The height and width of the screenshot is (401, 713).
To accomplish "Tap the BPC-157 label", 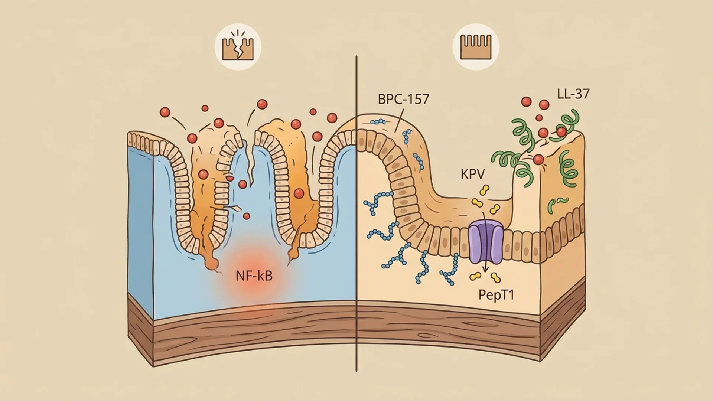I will [403, 99].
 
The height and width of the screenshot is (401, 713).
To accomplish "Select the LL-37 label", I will [573, 94].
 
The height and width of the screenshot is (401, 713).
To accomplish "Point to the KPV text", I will [473, 174].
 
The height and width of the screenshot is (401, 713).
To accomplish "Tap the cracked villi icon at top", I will [238, 48].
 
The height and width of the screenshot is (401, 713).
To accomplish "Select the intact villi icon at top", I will [476, 48].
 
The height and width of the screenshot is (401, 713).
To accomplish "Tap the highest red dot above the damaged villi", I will [262, 104].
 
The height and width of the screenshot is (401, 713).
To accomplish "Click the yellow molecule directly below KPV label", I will [484, 190].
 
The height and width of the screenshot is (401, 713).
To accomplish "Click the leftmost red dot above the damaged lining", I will [165, 112].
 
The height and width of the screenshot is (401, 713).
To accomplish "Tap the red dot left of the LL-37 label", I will [544, 105].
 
